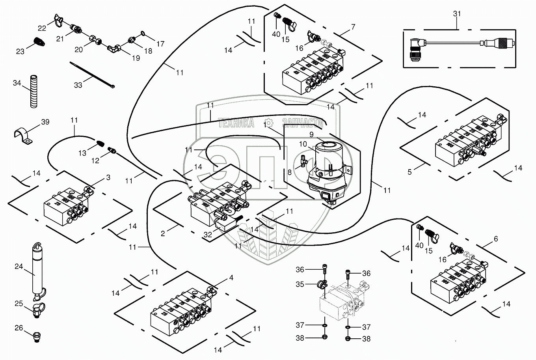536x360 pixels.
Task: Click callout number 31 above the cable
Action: [x=457, y=13]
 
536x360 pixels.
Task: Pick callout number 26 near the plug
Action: [x=19, y=327]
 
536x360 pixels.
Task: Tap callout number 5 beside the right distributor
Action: [x=409, y=172]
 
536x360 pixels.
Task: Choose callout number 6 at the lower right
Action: [x=495, y=239]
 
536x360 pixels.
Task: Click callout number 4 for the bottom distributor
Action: [x=231, y=278]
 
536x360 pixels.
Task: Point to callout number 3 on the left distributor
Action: [x=108, y=178]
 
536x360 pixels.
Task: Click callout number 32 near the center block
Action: [x=208, y=234]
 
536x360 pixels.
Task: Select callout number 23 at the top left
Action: [x=20, y=51]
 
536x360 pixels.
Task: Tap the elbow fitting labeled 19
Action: [x=114, y=49]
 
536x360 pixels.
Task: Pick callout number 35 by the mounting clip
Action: [x=300, y=284]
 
